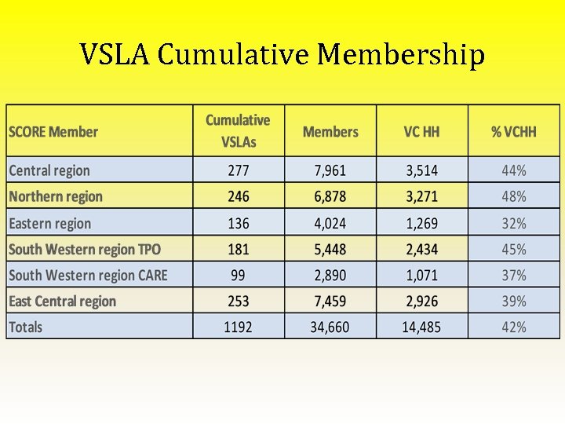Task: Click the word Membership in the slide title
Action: click(x=401, y=56)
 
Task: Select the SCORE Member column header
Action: click(x=53, y=132)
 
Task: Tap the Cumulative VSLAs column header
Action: click(x=238, y=131)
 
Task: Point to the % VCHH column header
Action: click(x=514, y=132)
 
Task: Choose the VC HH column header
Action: click(x=421, y=132)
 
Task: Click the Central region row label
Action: click(x=49, y=170)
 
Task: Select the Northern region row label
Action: click(x=56, y=196)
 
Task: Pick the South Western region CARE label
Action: click(x=88, y=276)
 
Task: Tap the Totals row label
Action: click(x=26, y=327)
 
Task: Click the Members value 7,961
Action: click(x=330, y=170)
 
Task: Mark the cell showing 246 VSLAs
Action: click(x=238, y=196)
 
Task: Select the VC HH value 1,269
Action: click(x=421, y=224)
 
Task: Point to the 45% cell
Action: click(x=514, y=250)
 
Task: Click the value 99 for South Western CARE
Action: click(x=238, y=276)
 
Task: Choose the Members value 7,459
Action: click(x=330, y=302)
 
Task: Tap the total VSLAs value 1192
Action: click(x=238, y=327)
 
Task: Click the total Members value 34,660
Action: click(x=330, y=327)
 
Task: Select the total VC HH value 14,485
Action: click(x=421, y=327)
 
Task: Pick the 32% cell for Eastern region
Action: click(x=514, y=224)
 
